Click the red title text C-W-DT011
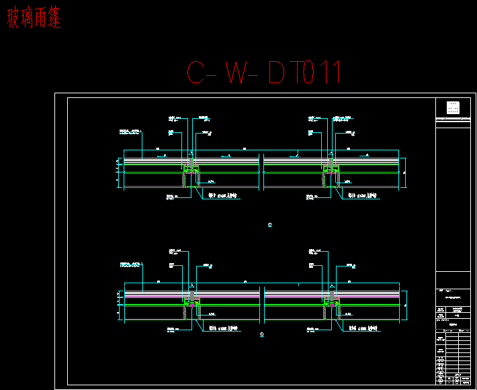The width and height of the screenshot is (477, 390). coord(264,72)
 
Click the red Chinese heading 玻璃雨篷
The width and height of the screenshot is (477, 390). coord(34,19)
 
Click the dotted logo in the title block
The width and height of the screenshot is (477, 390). coord(453,108)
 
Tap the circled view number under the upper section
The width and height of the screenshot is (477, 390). coord(270,225)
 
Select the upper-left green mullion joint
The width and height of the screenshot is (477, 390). coord(190,172)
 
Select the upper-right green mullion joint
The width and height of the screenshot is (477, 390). coord(330,172)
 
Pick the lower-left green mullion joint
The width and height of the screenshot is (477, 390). coord(190,305)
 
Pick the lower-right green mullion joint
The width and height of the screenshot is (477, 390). coord(330,305)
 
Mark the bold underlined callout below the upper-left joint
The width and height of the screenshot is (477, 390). coord(224,196)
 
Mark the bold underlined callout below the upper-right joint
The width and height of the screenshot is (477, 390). coord(363,196)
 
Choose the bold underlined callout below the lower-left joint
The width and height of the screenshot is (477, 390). coord(224,328)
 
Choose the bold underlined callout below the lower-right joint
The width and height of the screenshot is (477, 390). coord(363,328)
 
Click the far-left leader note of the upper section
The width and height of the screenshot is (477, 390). coord(131,131)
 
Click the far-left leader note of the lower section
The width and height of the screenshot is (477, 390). coord(131,264)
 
